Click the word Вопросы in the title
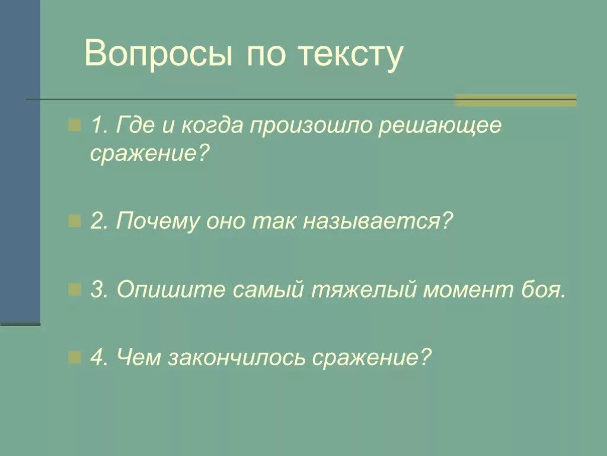(158, 54)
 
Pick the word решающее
(440, 127)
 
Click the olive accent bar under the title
(515, 100)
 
